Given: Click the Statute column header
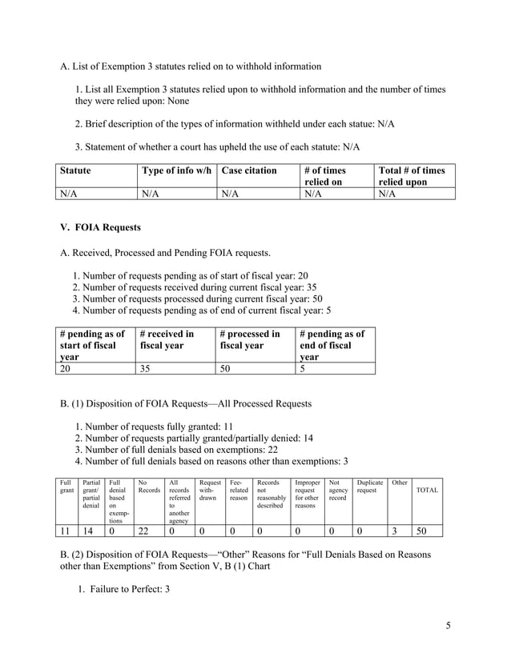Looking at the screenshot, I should click(74, 170).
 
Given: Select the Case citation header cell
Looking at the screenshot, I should click(249, 170).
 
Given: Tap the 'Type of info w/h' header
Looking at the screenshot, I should click(175, 170).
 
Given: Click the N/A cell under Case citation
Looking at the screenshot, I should click(230, 193).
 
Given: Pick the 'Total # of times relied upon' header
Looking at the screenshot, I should click(411, 176).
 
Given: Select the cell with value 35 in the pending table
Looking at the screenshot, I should click(146, 368).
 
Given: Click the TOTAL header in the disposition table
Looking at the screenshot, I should click(426, 490).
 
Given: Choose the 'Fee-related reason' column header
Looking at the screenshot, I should click(239, 490).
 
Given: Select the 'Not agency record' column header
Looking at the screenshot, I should click(337, 490).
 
